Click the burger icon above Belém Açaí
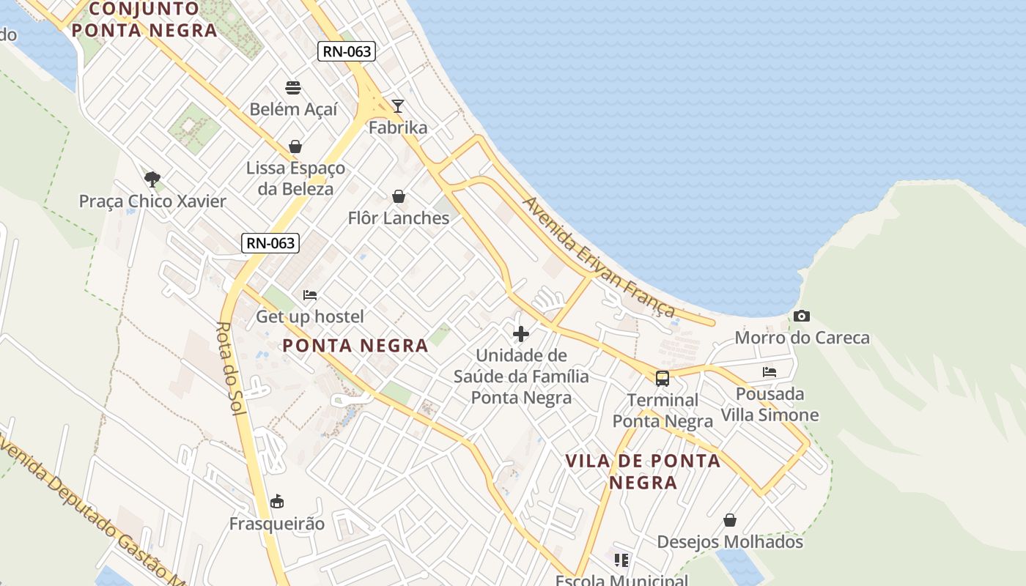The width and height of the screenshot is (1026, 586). click(x=294, y=88)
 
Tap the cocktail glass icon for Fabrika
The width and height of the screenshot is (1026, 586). click(x=398, y=106)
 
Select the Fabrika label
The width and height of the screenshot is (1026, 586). click(x=398, y=127)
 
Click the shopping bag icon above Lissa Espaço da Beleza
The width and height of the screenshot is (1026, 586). click(x=295, y=146)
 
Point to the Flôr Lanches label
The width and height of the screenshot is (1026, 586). click(x=399, y=218)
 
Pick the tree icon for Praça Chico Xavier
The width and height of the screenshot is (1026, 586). click(x=152, y=179)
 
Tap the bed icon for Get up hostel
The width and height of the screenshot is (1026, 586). click(x=310, y=295)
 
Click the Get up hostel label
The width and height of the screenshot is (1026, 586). click(x=310, y=316)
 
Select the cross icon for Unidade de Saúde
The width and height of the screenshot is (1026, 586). click(x=521, y=334)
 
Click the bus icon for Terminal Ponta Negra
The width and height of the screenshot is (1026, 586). click(x=663, y=379)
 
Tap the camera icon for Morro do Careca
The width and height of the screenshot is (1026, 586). click(x=802, y=316)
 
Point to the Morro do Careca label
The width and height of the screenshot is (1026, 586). click(x=802, y=338)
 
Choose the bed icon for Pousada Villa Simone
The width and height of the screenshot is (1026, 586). click(x=769, y=372)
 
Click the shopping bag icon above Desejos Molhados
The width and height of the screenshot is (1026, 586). click(x=730, y=520)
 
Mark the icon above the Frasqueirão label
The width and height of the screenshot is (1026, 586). click(x=277, y=502)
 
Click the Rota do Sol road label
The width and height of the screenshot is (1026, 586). click(x=232, y=368)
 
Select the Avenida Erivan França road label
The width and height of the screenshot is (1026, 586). click(x=599, y=256)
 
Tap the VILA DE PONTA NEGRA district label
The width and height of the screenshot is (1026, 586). click(x=643, y=471)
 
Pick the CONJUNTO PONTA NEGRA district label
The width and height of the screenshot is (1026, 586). click(x=144, y=20)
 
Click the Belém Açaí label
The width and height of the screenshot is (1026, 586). click(x=294, y=109)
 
